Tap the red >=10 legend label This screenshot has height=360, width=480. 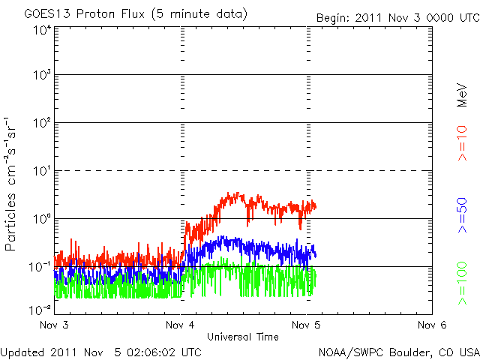(x=463, y=143)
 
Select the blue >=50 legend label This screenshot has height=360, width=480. (x=463, y=216)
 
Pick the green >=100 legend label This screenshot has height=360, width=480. (x=463, y=283)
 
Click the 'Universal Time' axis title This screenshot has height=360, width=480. (x=242, y=337)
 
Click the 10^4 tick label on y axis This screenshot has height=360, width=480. (x=41, y=30)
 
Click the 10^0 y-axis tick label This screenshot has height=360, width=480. (x=41, y=220)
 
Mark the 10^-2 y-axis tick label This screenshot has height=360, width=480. (x=40, y=310)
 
